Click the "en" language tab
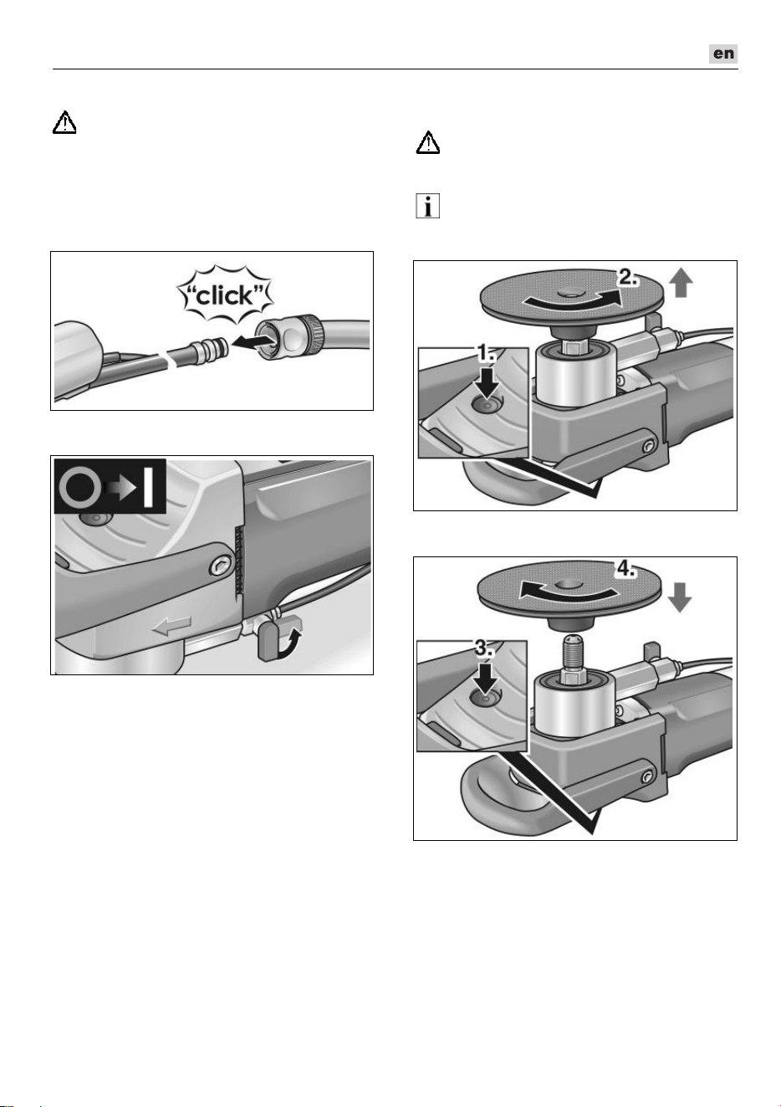[x=722, y=54]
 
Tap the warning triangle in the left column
[x=64, y=122]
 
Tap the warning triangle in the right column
[x=428, y=142]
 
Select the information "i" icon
[x=428, y=206]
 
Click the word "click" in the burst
[x=225, y=295]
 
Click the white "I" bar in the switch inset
[x=148, y=486]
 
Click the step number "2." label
[x=628, y=278]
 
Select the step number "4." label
[x=625, y=569]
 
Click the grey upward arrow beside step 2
[x=681, y=284]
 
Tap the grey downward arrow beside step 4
[x=680, y=597]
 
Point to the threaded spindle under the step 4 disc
[x=573, y=652]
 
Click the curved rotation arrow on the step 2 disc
[x=572, y=300]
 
